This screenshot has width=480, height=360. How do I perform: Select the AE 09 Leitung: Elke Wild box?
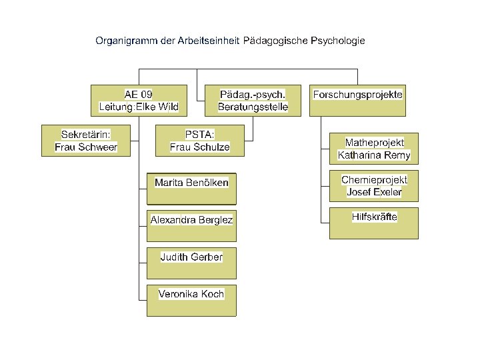click(138, 100)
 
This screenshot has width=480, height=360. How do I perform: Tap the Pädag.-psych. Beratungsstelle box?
click(253, 100)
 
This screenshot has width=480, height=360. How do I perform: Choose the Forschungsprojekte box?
click(357, 100)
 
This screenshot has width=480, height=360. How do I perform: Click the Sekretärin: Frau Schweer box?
click(85, 141)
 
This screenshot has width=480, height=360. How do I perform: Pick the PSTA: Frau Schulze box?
click(199, 141)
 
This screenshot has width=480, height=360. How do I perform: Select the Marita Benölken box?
click(191, 189)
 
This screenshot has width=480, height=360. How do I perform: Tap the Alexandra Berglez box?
click(191, 226)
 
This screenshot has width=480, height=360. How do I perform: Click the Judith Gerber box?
click(191, 263)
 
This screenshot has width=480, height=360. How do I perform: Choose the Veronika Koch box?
click(191, 301)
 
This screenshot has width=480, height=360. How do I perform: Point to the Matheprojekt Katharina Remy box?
click(374, 149)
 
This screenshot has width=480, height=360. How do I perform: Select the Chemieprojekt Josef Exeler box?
click(374, 186)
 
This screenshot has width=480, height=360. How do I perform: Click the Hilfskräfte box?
click(374, 223)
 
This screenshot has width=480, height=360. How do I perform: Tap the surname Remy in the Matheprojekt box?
click(397, 156)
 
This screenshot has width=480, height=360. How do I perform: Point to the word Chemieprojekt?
click(374, 180)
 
